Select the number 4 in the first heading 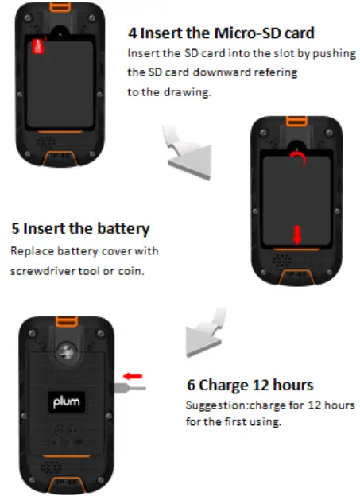point(133,33)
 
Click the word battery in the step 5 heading point(118,229)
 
